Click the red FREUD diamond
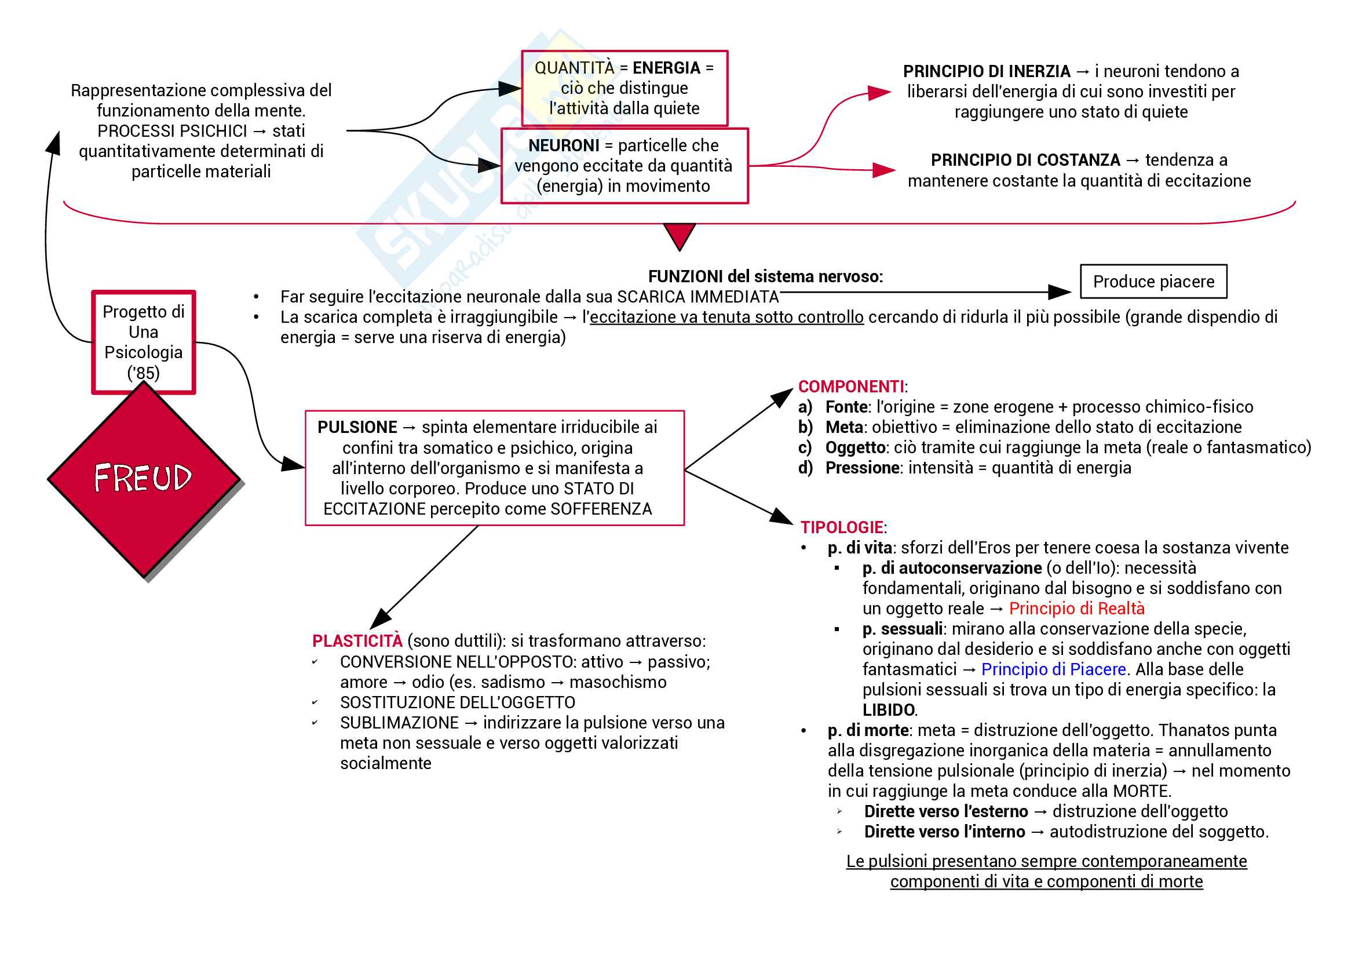pos(144,479)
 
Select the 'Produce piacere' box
pos(1153,282)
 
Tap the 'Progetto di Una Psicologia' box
pos(144,342)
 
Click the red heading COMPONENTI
pos(850,387)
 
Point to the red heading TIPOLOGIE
pos(842,527)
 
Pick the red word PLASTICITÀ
pos(357,641)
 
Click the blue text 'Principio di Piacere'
pos(1053,669)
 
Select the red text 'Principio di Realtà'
pos(1076,609)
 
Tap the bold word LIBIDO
pos(889,710)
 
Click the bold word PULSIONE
pos(357,427)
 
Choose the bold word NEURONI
pos(564,145)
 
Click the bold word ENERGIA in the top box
pos(666,68)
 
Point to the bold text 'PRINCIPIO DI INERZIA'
pos(986,71)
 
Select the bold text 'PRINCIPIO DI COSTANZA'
pos(1025,160)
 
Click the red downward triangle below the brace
pos(680,235)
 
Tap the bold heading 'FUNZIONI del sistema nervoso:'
pos(765,276)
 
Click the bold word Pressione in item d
pos(862,468)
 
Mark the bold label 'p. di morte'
pos(868,731)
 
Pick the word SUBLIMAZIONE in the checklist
pos(399,723)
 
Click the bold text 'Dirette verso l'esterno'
pos(946,811)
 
